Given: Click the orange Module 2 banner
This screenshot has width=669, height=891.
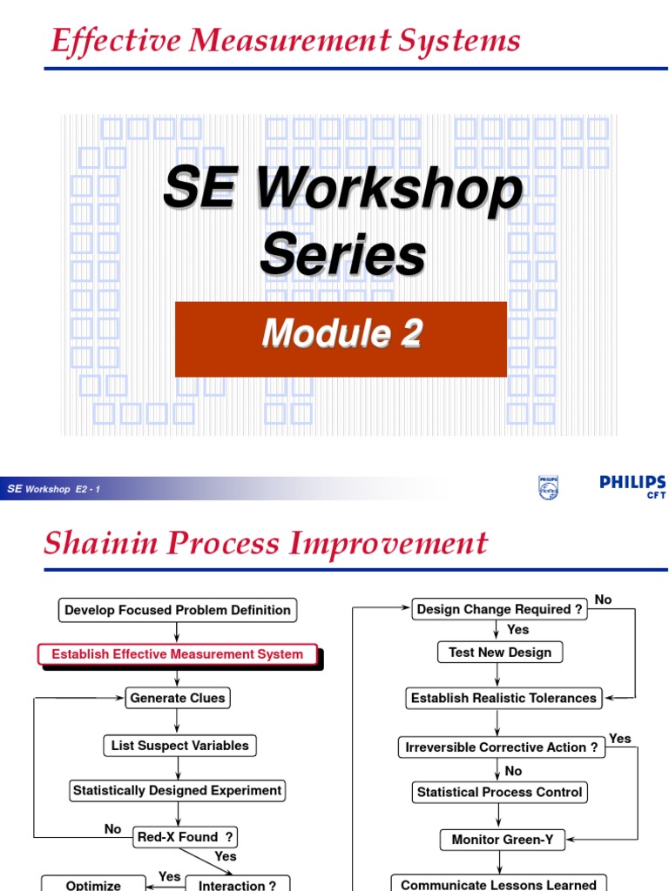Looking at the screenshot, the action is pyautogui.click(x=341, y=338).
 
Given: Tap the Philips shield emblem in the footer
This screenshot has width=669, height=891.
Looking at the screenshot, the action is pyautogui.click(x=549, y=487).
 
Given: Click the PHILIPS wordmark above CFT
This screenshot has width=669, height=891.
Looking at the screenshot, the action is pyautogui.click(x=632, y=482).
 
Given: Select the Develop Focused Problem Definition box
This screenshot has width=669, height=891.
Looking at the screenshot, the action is pyautogui.click(x=178, y=610).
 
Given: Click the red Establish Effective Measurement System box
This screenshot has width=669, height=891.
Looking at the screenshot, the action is pyautogui.click(x=178, y=654).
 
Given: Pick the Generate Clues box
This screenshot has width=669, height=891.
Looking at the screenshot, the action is pyautogui.click(x=178, y=698).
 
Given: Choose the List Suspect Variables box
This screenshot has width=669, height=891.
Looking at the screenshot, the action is pyautogui.click(x=179, y=746).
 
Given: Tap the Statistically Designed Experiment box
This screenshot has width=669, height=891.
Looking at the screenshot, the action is pyautogui.click(x=177, y=790).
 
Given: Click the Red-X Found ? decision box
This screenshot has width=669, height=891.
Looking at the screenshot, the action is pyautogui.click(x=185, y=837).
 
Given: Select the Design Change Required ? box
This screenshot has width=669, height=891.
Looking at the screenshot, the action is pyautogui.click(x=499, y=609).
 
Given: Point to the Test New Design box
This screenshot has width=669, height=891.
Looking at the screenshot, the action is pyautogui.click(x=500, y=653).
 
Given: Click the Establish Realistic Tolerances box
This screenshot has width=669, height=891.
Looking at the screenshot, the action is pyautogui.click(x=503, y=698).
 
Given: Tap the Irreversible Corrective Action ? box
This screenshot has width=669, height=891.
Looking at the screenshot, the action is pyautogui.click(x=502, y=747).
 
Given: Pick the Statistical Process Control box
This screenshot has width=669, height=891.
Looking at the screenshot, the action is pyautogui.click(x=499, y=792).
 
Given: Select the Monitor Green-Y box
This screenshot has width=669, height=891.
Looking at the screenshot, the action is pyautogui.click(x=503, y=840).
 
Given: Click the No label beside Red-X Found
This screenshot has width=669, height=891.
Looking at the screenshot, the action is pyautogui.click(x=112, y=829).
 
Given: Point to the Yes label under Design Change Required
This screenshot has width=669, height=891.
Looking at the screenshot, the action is pyautogui.click(x=517, y=630).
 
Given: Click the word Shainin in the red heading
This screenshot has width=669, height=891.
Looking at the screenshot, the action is pyautogui.click(x=101, y=542).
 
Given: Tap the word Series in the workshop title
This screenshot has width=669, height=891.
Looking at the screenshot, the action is pyautogui.click(x=343, y=253).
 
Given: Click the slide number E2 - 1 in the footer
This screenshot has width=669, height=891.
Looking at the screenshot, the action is pyautogui.click(x=88, y=489).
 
